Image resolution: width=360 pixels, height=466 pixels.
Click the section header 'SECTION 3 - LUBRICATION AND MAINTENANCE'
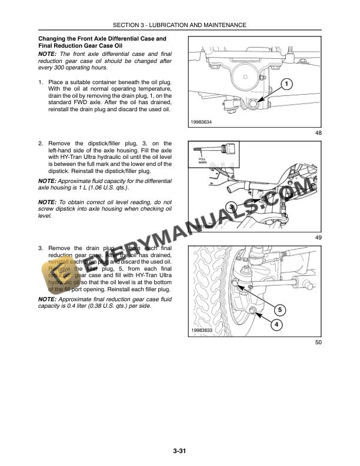pos(180,25)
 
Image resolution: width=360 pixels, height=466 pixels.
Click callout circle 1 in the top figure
pos(286,84)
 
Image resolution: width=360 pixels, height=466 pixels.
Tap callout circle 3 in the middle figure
pos(232,208)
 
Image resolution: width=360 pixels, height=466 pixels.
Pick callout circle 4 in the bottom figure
pos(276,324)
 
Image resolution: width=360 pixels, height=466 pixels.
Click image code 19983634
pos(202,122)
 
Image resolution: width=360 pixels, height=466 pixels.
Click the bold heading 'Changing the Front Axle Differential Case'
pos(102,39)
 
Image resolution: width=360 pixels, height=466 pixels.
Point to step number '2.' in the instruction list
pos(40,143)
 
